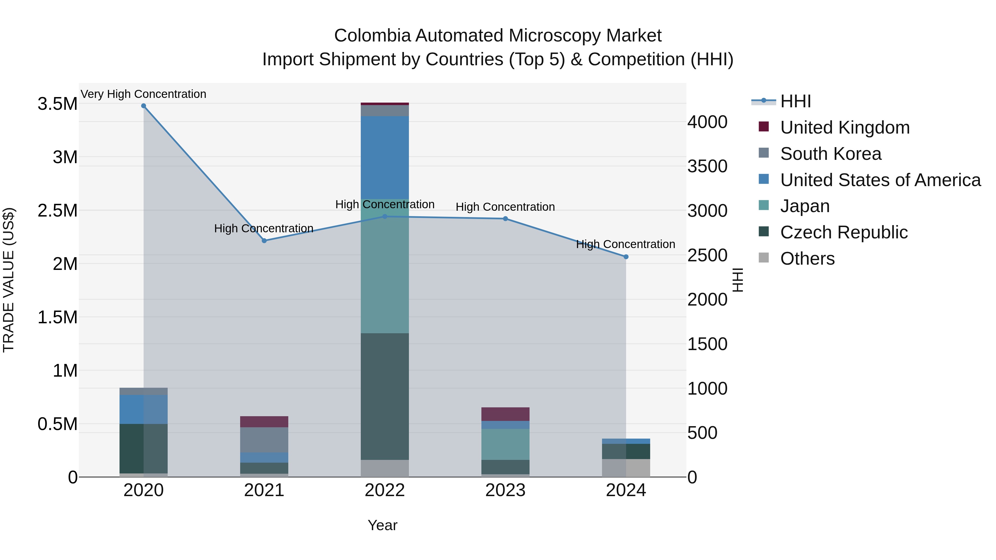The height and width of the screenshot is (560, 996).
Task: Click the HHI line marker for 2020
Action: tap(143, 106)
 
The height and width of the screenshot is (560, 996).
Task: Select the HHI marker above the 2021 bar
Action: tap(264, 241)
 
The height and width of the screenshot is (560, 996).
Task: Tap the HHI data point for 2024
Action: tap(626, 257)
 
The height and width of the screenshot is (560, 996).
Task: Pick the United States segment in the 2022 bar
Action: tap(385, 158)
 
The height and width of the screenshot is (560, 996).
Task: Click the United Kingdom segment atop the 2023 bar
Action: tap(505, 414)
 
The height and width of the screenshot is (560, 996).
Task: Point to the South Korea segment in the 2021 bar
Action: tap(264, 440)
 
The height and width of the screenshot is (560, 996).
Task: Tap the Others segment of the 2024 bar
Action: tap(626, 468)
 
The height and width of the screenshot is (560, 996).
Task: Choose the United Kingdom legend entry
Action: tap(845, 127)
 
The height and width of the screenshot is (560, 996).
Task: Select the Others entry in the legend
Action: tap(807, 259)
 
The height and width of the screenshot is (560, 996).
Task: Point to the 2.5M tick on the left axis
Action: tap(58, 211)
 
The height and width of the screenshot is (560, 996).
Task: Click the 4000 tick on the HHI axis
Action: tap(707, 122)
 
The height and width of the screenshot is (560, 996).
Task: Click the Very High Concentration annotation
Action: tap(143, 94)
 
